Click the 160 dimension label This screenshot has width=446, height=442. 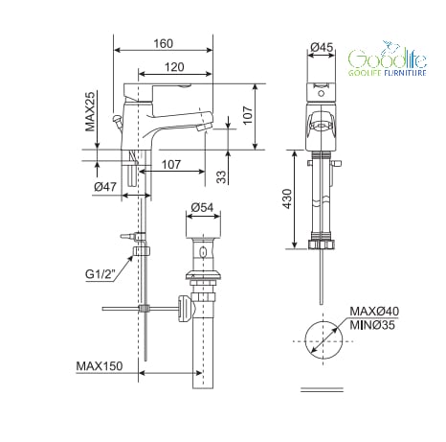click(164, 43)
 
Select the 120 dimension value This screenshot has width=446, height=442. click(174, 67)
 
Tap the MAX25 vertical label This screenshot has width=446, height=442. click(90, 111)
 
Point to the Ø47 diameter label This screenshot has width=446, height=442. click(105, 186)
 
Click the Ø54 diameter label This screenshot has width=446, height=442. click(202, 207)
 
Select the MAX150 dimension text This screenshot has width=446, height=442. click(100, 366)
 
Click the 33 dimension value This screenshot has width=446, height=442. click(221, 176)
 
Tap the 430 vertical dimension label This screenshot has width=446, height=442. click(287, 198)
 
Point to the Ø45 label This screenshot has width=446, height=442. click(322, 47)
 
